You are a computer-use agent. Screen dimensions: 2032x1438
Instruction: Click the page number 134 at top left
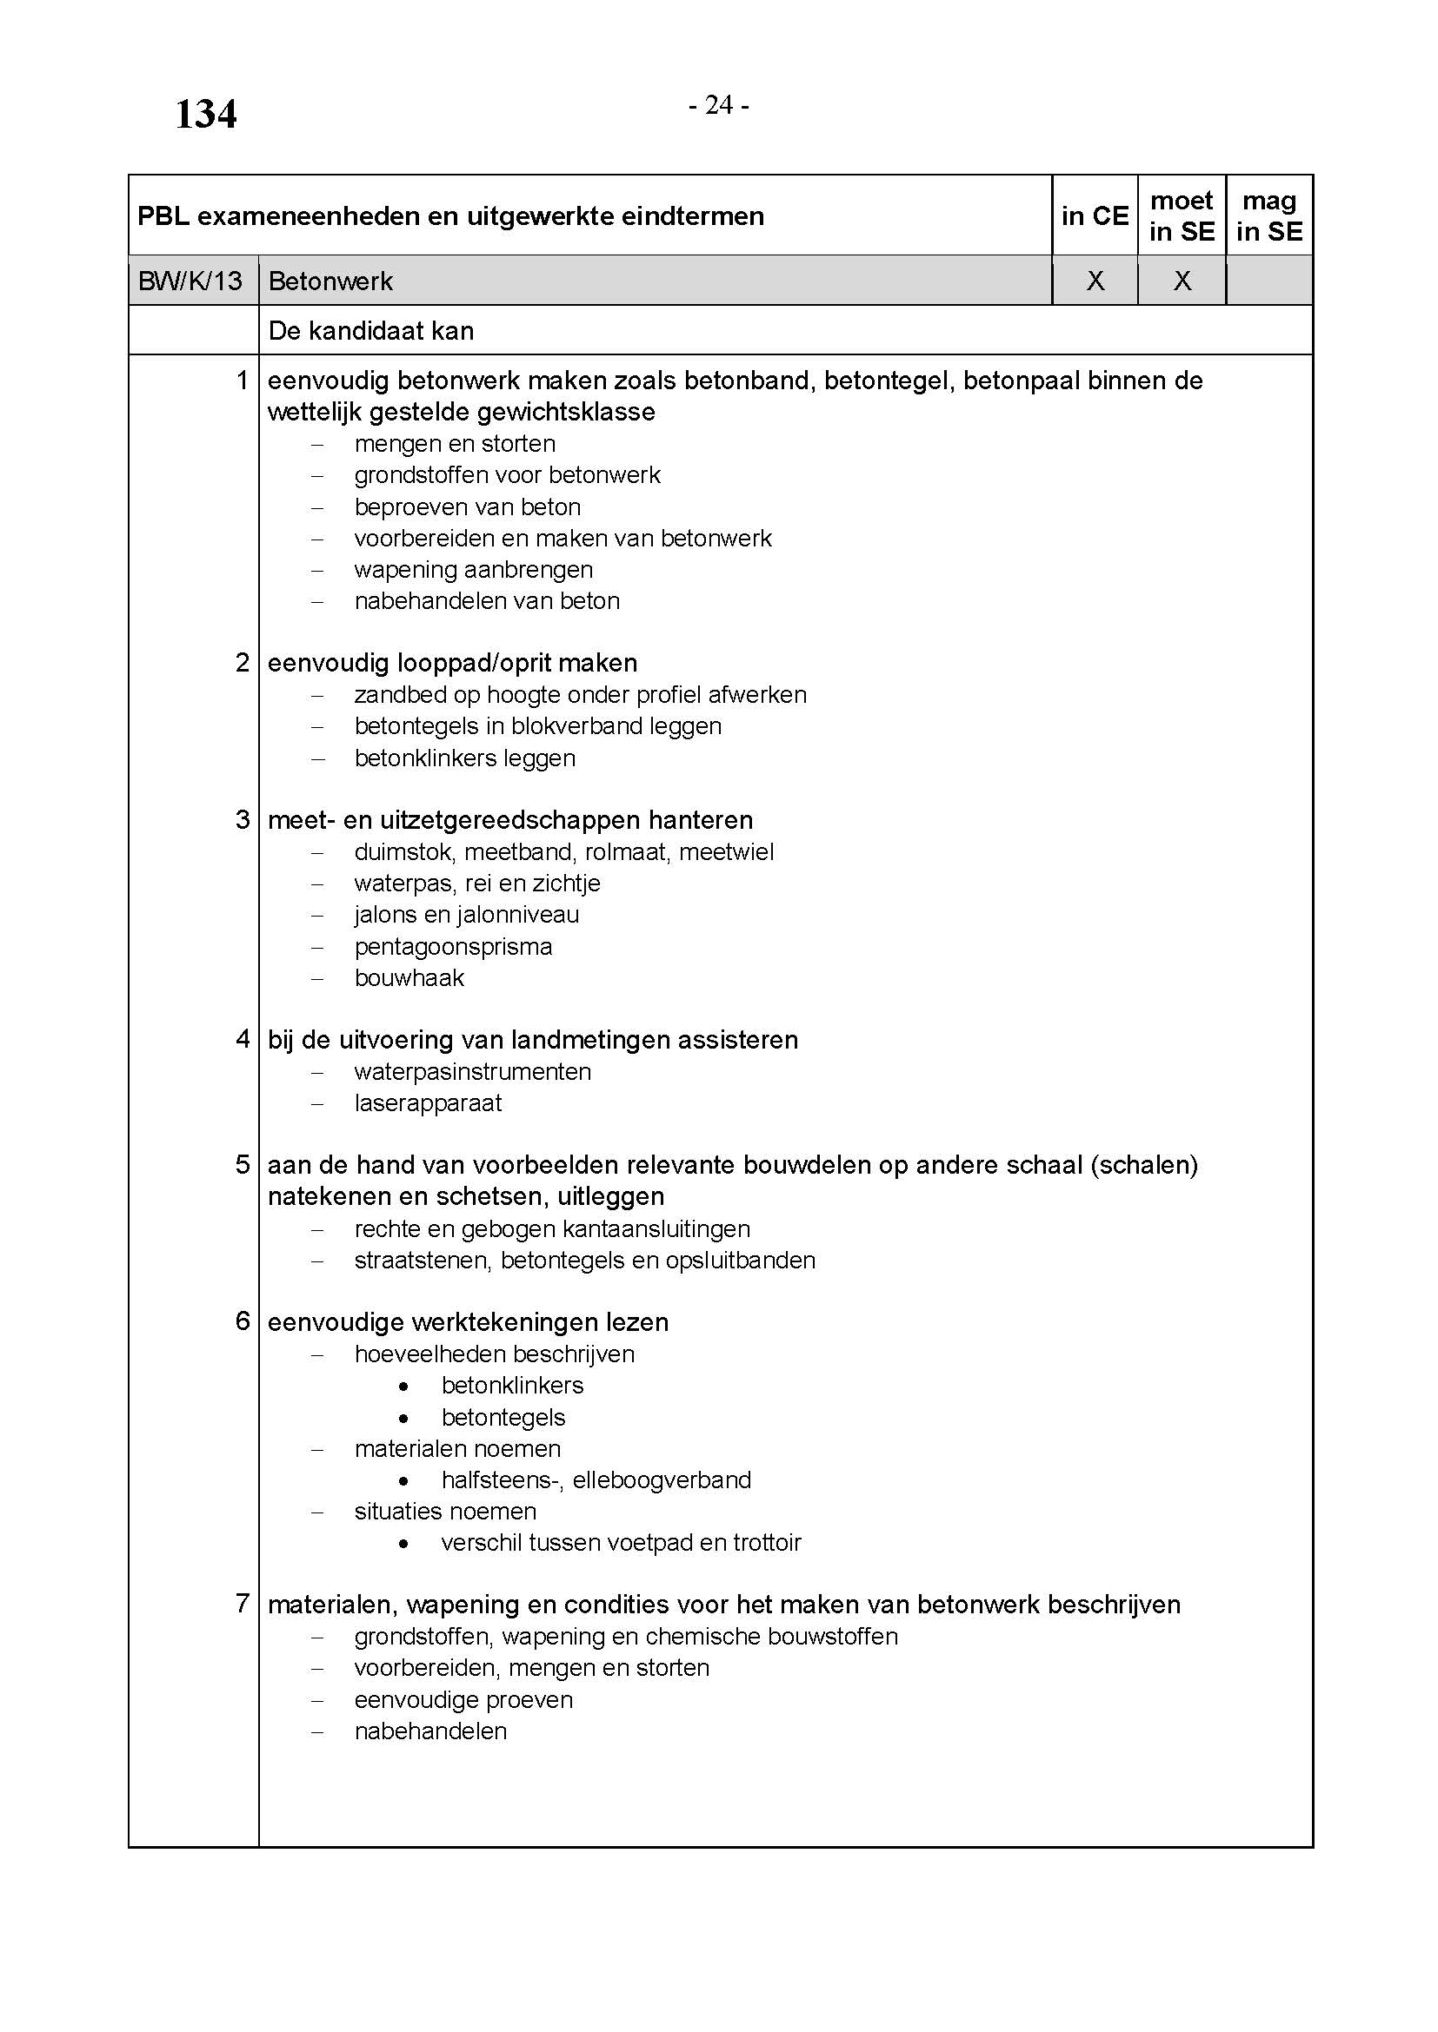tap(205, 114)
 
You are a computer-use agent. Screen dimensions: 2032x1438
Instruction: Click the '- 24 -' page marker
tap(719, 105)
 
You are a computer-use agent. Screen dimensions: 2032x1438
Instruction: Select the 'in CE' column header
tap(1095, 216)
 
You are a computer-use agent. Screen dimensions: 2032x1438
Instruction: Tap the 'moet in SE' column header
tap(1182, 216)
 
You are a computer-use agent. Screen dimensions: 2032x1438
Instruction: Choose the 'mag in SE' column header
tap(1268, 216)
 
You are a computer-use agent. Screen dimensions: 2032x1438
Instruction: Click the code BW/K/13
tap(190, 281)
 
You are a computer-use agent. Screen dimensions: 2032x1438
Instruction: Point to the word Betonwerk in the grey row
tap(330, 281)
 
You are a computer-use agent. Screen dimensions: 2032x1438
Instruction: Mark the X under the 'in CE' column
tap(1095, 281)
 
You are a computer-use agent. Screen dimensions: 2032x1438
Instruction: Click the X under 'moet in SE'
tap(1182, 281)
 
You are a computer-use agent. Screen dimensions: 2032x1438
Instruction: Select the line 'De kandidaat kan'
tap(371, 331)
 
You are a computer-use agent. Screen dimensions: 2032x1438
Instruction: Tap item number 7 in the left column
tap(243, 1603)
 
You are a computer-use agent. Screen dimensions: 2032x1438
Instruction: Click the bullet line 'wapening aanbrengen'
tap(474, 570)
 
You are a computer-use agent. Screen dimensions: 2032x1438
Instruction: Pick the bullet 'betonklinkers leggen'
tap(465, 758)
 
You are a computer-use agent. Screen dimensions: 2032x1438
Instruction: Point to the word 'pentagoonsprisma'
tap(453, 947)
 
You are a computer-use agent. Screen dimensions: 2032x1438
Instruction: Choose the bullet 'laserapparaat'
tap(428, 1103)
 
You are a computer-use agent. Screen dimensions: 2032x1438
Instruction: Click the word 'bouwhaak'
tap(409, 978)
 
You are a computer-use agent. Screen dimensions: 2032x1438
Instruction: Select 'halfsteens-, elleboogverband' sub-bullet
tap(596, 1479)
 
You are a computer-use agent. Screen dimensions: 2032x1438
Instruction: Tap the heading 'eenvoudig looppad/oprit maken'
tap(452, 663)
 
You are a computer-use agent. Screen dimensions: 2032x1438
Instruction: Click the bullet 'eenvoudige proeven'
tap(463, 1700)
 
